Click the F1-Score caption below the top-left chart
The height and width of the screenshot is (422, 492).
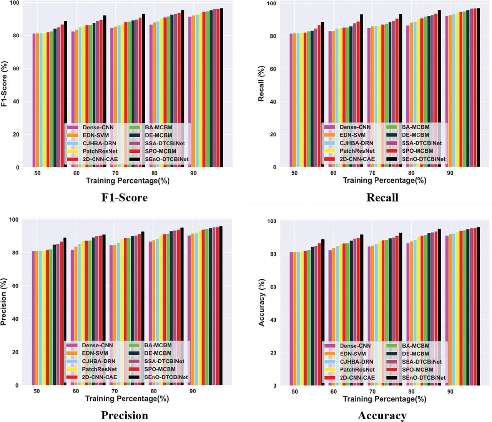pos(124,197)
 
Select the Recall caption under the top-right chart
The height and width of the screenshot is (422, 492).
pos(382,197)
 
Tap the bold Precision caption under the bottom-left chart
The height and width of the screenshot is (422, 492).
pos(124,415)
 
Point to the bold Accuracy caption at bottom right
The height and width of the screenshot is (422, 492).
pos(382,415)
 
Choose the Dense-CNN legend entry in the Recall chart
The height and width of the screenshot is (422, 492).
pos(355,127)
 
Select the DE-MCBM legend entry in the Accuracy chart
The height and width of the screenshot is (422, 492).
pos(415,354)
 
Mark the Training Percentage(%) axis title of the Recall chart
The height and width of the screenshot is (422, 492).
pos(384,180)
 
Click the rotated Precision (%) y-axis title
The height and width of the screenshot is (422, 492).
pos(4,302)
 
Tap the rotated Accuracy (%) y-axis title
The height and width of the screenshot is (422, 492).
pos(262,302)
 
